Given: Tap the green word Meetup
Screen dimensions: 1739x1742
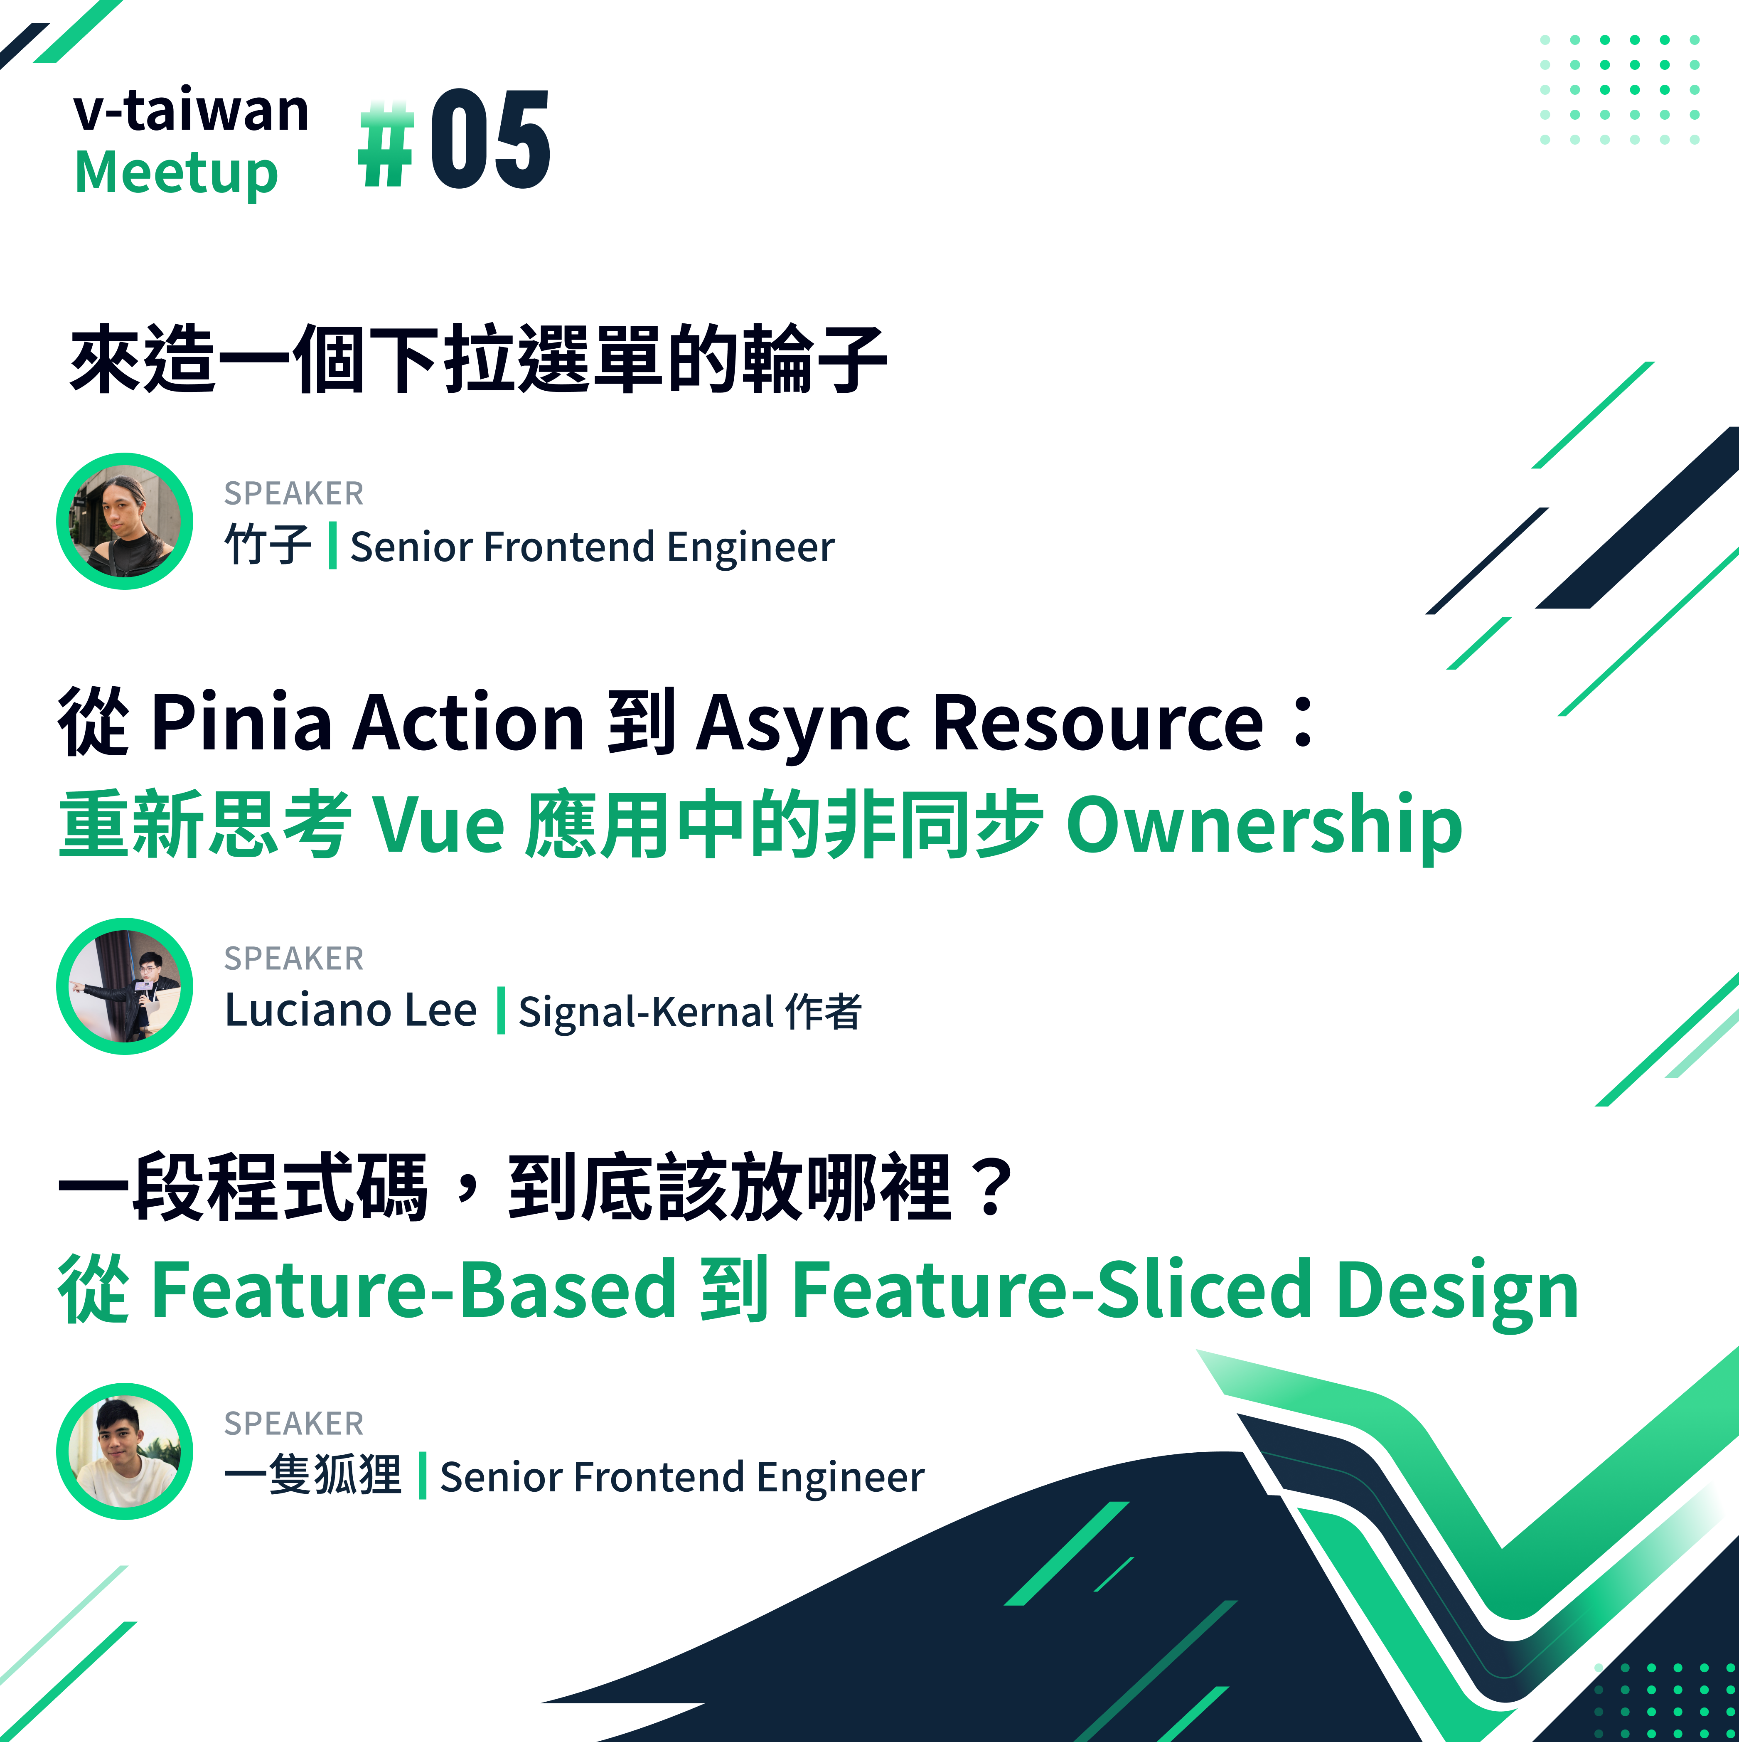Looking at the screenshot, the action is pyautogui.click(x=177, y=173).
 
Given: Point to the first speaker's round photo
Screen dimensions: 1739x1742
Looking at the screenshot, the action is pyautogui.click(x=124, y=521).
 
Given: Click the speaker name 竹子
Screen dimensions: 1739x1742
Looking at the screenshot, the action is pyautogui.click(x=268, y=545).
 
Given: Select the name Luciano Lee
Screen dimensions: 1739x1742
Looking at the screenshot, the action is pyautogui.click(x=351, y=1010).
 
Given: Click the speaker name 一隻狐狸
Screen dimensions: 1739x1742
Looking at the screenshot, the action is pyautogui.click(x=313, y=1475).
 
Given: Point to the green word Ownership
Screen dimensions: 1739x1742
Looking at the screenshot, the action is pyautogui.click(x=1264, y=825).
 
